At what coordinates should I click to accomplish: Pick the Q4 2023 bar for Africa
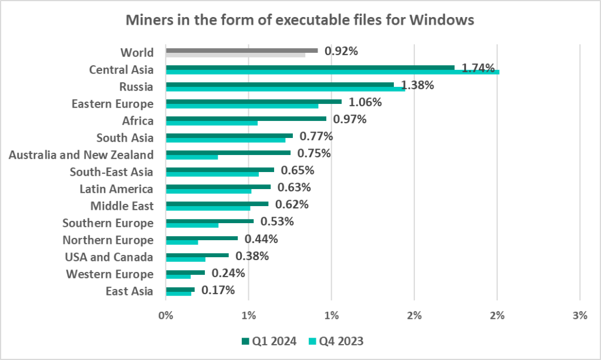tap(212, 123)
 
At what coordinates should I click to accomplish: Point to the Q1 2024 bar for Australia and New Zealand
tap(228, 153)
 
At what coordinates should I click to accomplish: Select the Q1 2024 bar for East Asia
tap(180, 289)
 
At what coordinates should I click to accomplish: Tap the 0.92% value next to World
tap(341, 51)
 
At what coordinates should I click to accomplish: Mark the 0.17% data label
tap(218, 290)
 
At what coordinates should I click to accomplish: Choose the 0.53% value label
tap(277, 222)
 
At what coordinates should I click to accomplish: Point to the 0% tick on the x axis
tap(166, 316)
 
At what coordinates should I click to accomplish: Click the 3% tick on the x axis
tap(580, 316)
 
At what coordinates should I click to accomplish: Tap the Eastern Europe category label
tap(113, 104)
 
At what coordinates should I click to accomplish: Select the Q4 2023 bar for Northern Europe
tap(182, 243)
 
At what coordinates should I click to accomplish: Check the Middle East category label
tap(121, 206)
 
